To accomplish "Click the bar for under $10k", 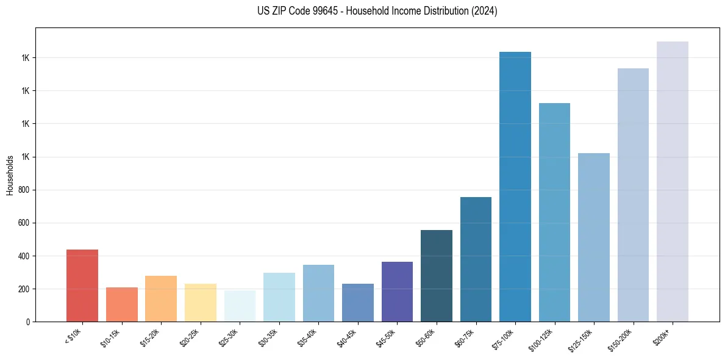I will (x=82, y=286).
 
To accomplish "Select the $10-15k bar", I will (x=121, y=304).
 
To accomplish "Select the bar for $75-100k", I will (x=515, y=187).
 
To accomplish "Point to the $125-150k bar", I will (x=594, y=237).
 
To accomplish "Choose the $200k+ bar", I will (x=673, y=181).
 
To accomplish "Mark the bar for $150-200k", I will (x=633, y=195).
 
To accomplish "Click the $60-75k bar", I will (x=476, y=259).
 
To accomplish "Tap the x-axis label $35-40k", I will (x=308, y=337).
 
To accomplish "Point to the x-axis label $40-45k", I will (x=347, y=337).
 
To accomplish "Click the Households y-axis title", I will (x=10, y=175).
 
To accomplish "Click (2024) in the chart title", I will (x=483, y=11).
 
